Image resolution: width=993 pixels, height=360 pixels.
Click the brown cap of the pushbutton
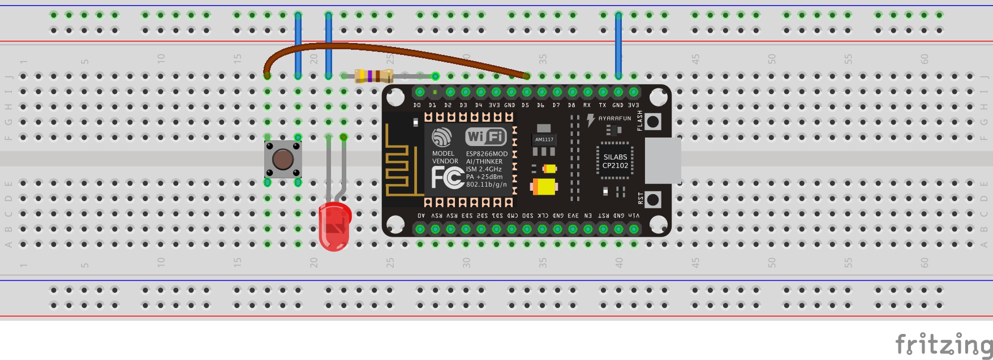[282, 160]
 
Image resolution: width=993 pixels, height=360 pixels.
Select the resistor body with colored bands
[373, 76]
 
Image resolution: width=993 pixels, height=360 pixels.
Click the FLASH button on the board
[653, 121]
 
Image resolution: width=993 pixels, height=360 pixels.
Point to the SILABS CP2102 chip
[615, 161]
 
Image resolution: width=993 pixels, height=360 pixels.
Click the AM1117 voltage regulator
[544, 140]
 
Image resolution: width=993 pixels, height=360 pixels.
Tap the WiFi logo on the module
[485, 136]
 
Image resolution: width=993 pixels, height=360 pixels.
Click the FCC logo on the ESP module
[447, 178]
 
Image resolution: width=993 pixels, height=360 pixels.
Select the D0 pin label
[417, 105]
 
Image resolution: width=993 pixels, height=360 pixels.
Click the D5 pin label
[525, 105]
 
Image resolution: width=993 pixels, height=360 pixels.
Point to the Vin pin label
[634, 216]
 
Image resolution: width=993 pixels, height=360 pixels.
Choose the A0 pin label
[421, 216]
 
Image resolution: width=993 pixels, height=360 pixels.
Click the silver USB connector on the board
[663, 160]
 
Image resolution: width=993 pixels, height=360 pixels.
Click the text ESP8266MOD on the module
[487, 154]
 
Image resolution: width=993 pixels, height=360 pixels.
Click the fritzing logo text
[943, 344]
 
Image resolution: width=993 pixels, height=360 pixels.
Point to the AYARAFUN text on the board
[614, 119]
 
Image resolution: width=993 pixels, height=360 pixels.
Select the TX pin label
[602, 105]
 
